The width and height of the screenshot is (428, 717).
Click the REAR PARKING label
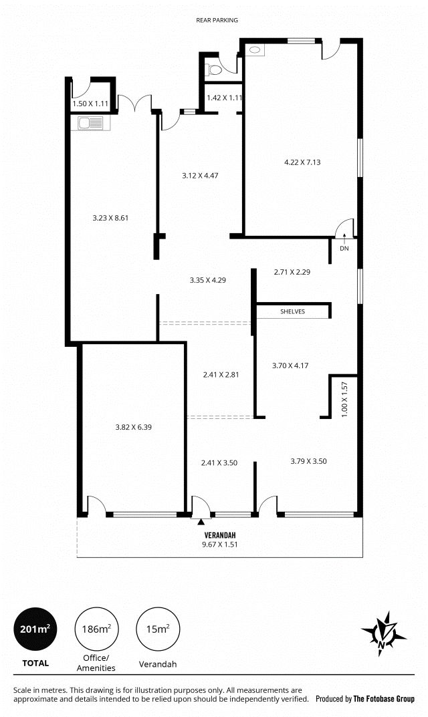pos(217,20)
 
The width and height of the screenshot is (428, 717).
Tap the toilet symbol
pos(213,70)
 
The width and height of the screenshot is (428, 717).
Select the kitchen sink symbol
pos(91,123)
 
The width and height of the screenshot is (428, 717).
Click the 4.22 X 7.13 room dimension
pos(302,162)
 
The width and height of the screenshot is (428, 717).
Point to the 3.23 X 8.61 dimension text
pos(110,218)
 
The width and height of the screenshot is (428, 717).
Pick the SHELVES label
pos(292,312)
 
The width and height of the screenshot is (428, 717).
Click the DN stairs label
pos(344,249)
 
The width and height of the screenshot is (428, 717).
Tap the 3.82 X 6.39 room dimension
pos(133,427)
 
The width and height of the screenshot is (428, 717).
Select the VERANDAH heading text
pos(220,535)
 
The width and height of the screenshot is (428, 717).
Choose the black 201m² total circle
pos(35,629)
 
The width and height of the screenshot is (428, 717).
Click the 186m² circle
pos(96,629)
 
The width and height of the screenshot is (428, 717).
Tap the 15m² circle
pos(158,629)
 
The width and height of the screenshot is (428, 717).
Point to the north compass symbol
pos(383,634)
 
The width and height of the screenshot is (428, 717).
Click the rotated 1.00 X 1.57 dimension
pos(344,399)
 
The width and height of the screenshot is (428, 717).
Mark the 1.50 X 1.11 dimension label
pos(90,104)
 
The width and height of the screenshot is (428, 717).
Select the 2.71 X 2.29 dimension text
pos(292,272)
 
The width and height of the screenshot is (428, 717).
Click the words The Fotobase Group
pos(384,699)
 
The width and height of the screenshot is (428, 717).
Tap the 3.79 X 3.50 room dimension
pos(308,461)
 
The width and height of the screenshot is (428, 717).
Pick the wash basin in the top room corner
pos(255,50)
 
